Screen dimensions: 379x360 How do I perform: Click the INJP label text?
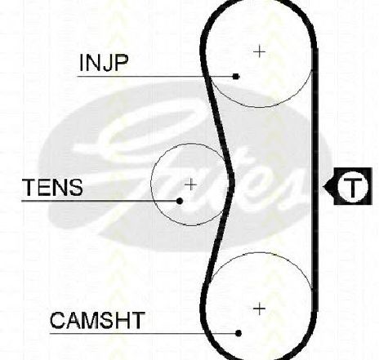[104, 63]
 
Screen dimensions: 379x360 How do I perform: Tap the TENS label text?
[53, 188]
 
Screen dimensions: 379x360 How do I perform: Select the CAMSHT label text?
[97, 320]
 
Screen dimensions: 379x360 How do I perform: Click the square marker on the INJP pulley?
[236, 77]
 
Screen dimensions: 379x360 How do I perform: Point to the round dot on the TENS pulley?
[180, 201]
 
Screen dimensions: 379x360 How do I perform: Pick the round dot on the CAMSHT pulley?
[239, 333]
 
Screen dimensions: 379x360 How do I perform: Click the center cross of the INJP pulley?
[260, 51]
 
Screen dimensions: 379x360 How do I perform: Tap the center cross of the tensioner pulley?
[190, 185]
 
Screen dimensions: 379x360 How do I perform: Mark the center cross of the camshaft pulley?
[259, 309]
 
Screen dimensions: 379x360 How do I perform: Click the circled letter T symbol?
[353, 187]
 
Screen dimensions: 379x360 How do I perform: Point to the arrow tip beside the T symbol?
[323, 187]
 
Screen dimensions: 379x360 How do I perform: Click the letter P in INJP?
[120, 63]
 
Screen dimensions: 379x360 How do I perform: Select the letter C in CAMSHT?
[57, 320]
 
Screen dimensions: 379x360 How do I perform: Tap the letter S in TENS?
[75, 188]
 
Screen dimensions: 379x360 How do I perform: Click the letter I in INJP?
[81, 63]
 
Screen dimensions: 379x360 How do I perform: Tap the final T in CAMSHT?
[137, 320]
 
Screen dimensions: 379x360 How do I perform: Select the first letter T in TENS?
[30, 188]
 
